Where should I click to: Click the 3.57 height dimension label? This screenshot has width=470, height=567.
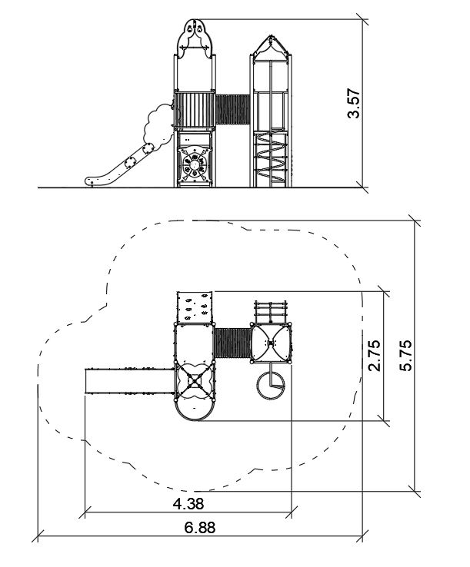353,104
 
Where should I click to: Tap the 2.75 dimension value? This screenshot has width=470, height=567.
375,356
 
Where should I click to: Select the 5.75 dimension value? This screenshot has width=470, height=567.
405,356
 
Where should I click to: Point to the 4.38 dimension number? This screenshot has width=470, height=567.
188,503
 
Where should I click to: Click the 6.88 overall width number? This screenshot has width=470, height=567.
200,528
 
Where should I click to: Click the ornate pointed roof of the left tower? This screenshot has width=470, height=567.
195,38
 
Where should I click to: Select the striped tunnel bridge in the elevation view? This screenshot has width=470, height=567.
232,110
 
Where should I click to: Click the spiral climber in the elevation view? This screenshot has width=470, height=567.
271,157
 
